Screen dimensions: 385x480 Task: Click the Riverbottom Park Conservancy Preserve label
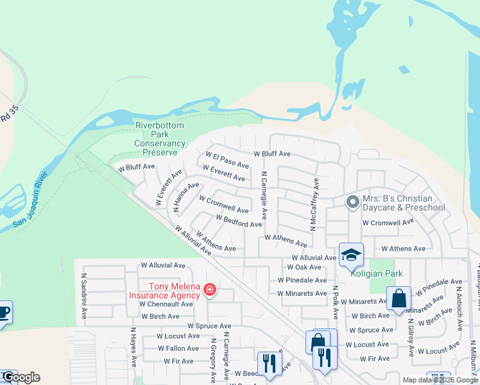tap(160, 139)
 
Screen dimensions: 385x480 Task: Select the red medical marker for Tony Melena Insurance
tap(209, 291)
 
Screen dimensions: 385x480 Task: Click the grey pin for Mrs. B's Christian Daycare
tap(352, 203)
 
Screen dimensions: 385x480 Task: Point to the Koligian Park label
tap(377, 273)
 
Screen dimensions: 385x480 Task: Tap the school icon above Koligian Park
tap(351, 255)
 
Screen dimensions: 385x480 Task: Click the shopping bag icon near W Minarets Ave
tap(399, 299)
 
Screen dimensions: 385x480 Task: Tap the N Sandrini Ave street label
tap(83, 297)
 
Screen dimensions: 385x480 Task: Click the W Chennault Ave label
tap(166, 304)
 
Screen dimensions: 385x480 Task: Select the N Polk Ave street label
tap(336, 302)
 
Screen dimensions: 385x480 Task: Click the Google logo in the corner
tap(21, 377)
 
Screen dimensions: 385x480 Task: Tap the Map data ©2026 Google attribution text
tap(440, 380)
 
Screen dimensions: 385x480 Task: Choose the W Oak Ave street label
tap(304, 267)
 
